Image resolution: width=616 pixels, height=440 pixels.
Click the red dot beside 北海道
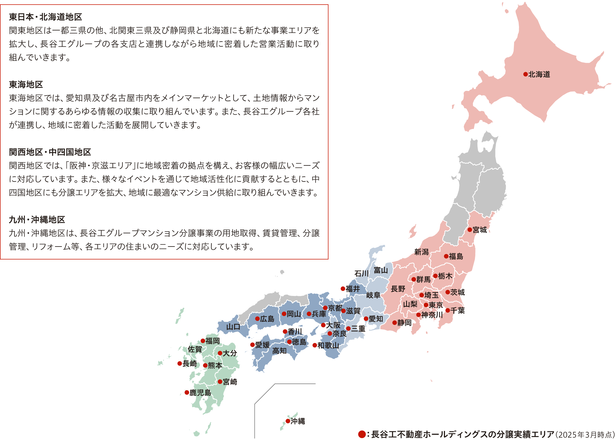point(525,74)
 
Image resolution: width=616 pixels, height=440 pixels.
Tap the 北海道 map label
point(539,75)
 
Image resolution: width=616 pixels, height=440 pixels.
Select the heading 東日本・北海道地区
point(45,17)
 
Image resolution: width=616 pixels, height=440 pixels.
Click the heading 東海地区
point(26,85)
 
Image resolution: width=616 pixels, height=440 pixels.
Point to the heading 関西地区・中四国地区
point(50,152)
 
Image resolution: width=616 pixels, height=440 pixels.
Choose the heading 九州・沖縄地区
point(37,219)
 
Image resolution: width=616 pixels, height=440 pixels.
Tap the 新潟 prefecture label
point(421,252)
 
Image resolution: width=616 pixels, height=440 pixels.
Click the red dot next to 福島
point(446,256)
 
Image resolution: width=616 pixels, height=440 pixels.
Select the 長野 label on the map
point(398,289)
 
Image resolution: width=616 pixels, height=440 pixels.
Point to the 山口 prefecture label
point(233,327)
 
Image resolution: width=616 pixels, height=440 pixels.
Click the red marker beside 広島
point(257,319)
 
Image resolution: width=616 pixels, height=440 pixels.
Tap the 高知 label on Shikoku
point(279,351)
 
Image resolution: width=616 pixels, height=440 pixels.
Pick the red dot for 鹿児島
point(187,392)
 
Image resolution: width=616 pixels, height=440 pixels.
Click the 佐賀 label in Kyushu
point(195,349)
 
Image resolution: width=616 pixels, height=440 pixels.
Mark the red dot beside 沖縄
point(288,421)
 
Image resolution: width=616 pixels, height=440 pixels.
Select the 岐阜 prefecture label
point(373,295)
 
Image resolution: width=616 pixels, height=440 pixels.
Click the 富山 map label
point(381,270)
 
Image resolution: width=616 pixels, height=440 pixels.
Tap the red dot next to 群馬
point(413,279)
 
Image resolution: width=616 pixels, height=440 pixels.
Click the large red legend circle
point(362,434)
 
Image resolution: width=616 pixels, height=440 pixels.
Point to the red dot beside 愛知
point(366,319)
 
